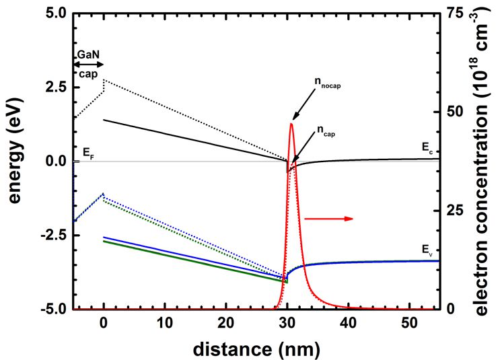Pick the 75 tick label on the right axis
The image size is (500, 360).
click(x=456, y=13)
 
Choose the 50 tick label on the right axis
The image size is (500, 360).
click(x=456, y=112)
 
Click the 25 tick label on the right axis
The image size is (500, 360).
click(x=456, y=211)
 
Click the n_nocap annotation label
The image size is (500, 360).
click(x=327, y=82)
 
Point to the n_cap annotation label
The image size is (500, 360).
click(x=324, y=133)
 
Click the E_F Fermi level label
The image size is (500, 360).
click(x=87, y=153)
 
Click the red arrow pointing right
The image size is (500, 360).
click(x=329, y=219)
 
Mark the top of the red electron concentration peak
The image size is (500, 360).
click(x=291, y=124)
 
